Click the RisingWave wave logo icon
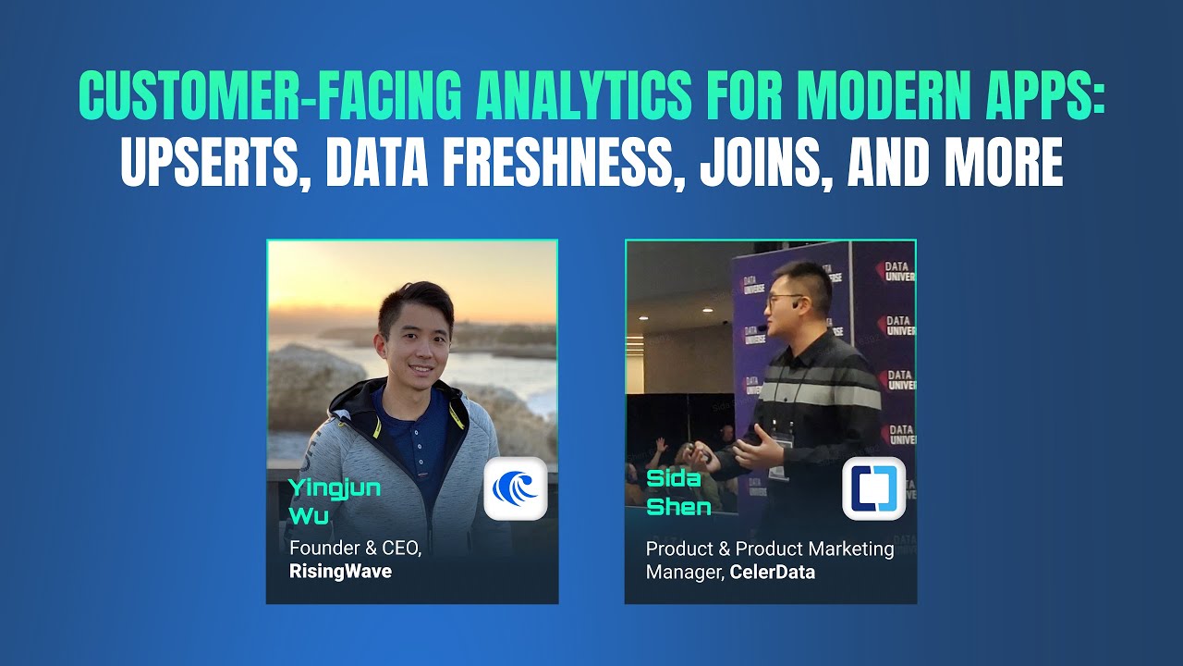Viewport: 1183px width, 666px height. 516,488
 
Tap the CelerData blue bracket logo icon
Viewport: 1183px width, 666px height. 873,488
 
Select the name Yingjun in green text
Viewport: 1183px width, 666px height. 335,488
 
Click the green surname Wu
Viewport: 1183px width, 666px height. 309,516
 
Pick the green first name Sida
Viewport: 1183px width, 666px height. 674,479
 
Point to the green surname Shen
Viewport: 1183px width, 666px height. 678,507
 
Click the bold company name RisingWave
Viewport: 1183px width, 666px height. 340,572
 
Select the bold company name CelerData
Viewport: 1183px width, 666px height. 773,573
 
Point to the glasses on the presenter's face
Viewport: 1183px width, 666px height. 786,299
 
